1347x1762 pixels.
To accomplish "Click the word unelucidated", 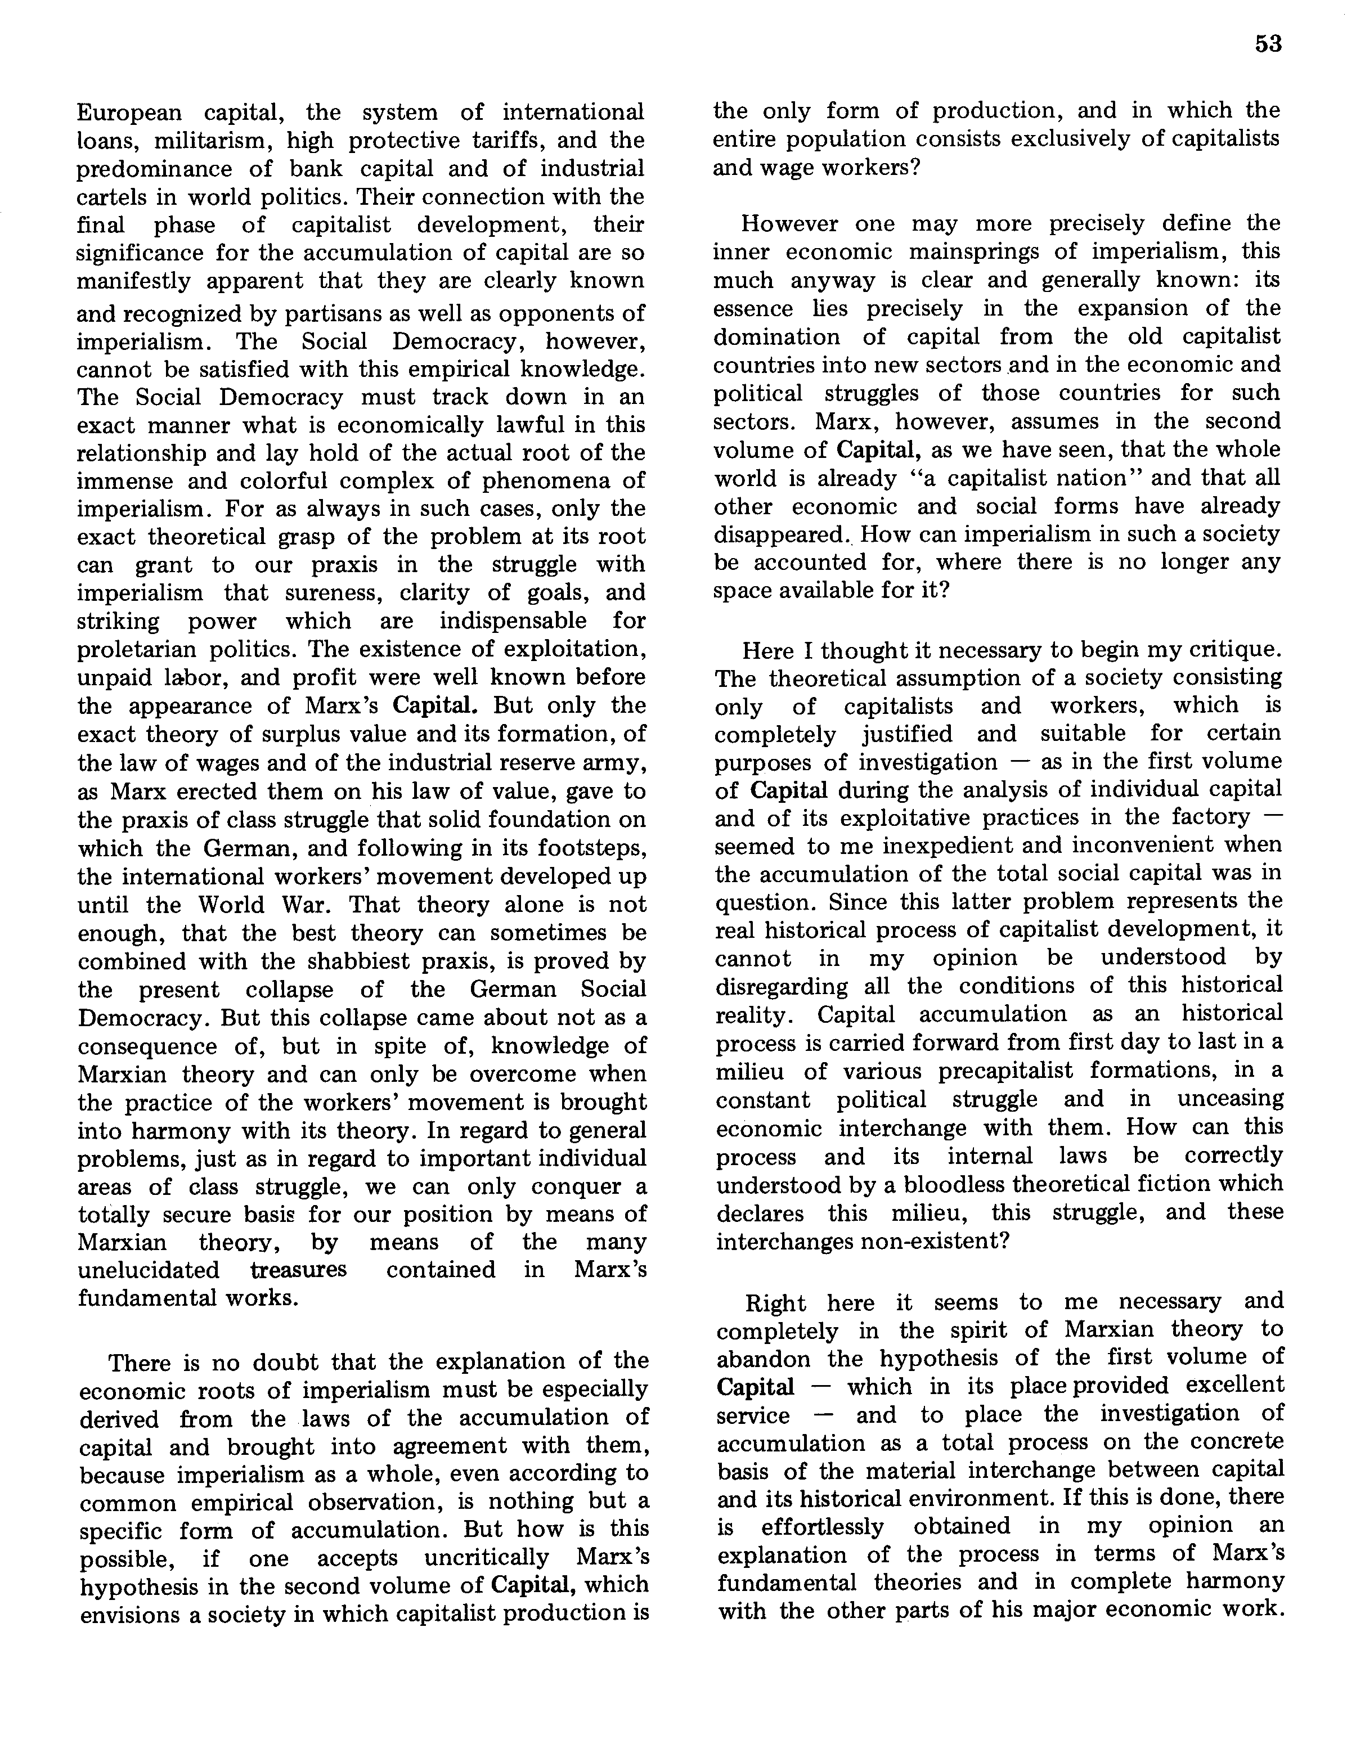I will [149, 1270].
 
